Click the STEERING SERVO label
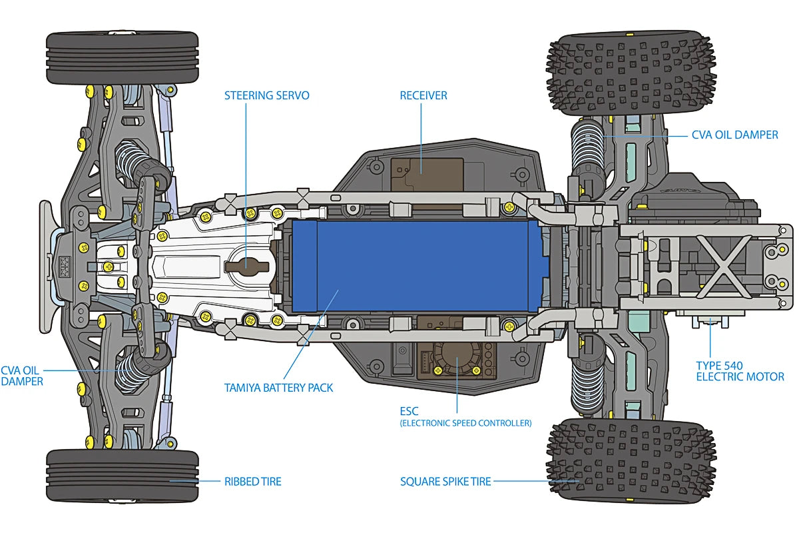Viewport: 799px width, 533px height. click(x=267, y=95)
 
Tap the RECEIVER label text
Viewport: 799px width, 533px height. click(x=423, y=95)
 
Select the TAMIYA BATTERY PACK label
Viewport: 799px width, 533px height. click(x=278, y=388)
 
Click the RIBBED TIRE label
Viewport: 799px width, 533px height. click(x=253, y=482)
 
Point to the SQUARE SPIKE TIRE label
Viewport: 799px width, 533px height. click(x=445, y=482)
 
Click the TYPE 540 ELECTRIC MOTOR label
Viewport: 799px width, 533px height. click(x=740, y=371)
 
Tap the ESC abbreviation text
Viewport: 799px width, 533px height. click(x=409, y=411)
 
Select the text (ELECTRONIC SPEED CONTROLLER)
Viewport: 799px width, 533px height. click(x=466, y=423)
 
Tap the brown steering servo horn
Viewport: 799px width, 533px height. click(x=247, y=266)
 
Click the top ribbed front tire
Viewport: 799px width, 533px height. click(x=123, y=58)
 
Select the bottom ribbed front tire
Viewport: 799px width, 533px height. click(x=123, y=476)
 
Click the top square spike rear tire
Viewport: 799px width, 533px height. click(x=631, y=73)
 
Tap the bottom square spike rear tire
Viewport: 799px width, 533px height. click(x=631, y=460)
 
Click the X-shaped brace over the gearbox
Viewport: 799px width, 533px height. click(x=723, y=266)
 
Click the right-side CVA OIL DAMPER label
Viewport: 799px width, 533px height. click(x=735, y=135)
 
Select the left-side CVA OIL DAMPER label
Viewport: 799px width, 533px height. click(x=22, y=376)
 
